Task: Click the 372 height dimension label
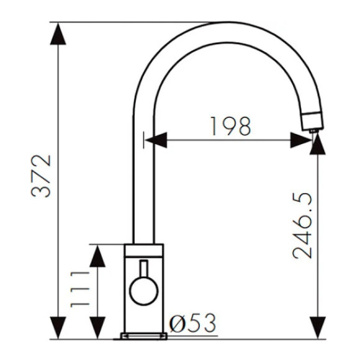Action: tap(41, 176)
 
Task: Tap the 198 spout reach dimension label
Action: tap(231, 126)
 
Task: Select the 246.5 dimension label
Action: tap(302, 226)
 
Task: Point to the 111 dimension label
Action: tap(80, 289)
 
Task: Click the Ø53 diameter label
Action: tap(192, 323)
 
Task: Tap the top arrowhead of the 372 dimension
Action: tap(58, 34)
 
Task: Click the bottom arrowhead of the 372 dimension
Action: tap(58, 328)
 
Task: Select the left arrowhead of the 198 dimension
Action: tap(156, 140)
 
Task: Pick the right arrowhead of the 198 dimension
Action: tap(301, 140)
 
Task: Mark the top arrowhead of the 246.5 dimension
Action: tap(318, 144)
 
